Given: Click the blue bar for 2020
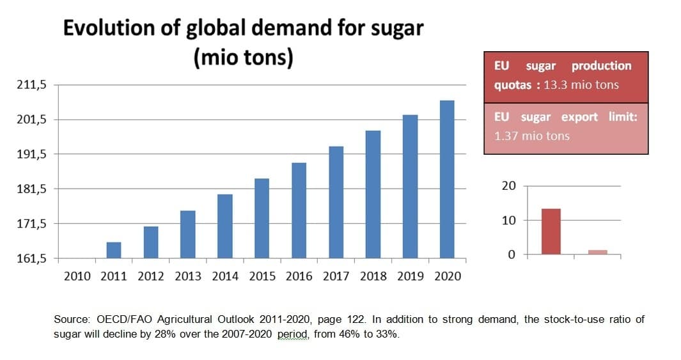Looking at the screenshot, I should (x=447, y=180).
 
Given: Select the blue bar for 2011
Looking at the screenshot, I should (x=114, y=251).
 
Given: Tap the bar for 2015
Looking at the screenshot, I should (x=262, y=219).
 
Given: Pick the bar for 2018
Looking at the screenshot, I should (x=373, y=195).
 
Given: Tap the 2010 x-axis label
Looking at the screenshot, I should (x=77, y=276).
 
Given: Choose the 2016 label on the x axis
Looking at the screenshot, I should (x=299, y=276).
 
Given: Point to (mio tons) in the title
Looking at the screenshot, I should (x=243, y=58).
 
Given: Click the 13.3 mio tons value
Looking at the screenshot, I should (x=581, y=85).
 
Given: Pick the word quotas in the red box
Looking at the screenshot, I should (x=513, y=85).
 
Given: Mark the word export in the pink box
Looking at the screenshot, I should (x=579, y=118).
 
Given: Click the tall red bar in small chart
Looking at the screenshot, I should (x=551, y=231).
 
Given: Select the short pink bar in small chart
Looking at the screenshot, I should (x=597, y=252).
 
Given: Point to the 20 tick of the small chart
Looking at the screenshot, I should (x=508, y=186).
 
